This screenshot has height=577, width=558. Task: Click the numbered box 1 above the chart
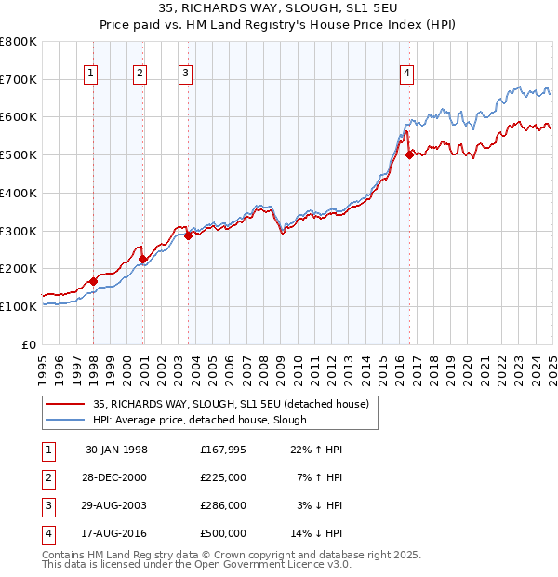coord(91,74)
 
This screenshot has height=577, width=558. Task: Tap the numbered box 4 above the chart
coord(407,74)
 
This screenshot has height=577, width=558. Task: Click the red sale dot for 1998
coord(94,281)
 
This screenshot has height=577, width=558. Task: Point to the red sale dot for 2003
coord(188,236)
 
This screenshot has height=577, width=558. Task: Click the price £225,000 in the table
coord(222,478)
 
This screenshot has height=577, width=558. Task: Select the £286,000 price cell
coord(222,506)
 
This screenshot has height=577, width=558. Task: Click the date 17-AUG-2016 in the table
coord(116,534)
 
